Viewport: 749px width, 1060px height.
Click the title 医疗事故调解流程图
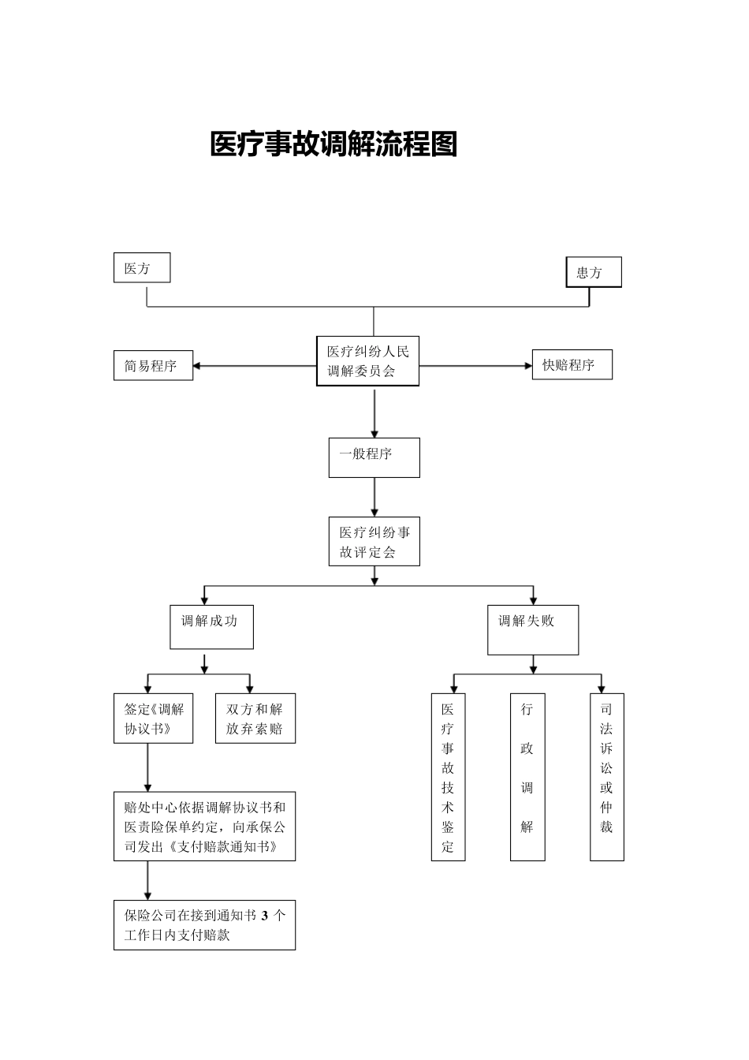tap(334, 144)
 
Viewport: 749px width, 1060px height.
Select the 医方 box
tap(142, 268)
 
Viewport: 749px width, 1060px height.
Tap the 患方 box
tap(594, 272)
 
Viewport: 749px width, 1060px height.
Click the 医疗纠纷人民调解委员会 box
tap(368, 361)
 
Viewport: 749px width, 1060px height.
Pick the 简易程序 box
tap(153, 366)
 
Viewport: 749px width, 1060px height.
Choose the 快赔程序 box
tap(572, 365)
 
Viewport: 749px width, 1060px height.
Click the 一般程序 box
tap(374, 457)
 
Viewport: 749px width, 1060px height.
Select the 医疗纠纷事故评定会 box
tap(374, 542)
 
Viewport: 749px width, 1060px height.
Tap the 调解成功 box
tap(211, 627)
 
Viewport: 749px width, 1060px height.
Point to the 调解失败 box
tap(533, 629)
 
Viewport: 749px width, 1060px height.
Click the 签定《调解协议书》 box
tap(153, 718)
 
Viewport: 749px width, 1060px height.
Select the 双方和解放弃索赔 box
tap(255, 718)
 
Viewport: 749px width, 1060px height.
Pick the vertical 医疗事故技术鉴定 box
tap(448, 777)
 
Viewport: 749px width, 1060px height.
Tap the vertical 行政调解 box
tap(527, 777)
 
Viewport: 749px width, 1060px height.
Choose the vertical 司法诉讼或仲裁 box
tap(606, 777)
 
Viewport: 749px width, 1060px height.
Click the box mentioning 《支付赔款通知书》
tap(204, 827)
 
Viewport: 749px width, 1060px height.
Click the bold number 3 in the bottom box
tap(265, 916)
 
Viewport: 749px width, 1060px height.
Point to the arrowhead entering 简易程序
tap(197, 366)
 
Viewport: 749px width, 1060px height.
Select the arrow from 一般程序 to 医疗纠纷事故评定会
tap(374, 497)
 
